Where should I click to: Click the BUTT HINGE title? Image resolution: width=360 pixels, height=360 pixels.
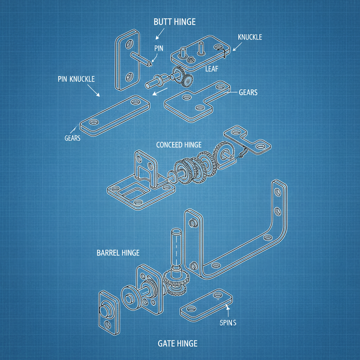coord(175,22)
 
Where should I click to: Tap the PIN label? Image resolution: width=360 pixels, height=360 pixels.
coord(159,49)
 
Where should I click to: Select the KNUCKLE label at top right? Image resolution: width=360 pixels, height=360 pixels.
coord(250,37)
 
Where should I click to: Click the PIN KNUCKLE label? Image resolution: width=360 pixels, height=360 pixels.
coord(76,79)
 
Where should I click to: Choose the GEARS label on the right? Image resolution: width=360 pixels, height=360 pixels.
coord(248,92)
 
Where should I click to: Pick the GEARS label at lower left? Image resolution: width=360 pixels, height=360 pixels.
coord(72,138)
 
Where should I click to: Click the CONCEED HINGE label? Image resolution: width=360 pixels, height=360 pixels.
coord(179,145)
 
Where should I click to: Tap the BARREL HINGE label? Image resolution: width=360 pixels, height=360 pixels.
coord(118,253)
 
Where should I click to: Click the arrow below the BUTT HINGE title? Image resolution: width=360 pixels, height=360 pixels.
coord(160,34)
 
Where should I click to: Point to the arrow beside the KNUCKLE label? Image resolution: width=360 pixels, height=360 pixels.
coord(238,47)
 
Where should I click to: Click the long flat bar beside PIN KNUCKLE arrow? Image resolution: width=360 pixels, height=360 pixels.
coord(115,114)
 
